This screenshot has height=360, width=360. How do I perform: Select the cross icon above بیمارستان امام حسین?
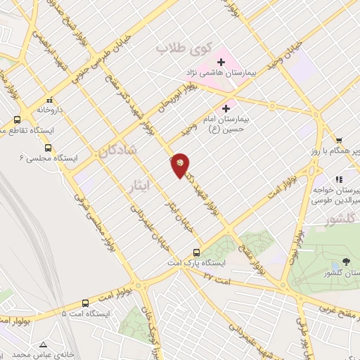click(x=226, y=108)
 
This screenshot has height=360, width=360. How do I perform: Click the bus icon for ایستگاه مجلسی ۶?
click(x=48, y=148)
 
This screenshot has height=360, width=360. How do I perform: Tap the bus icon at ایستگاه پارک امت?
click(x=196, y=252)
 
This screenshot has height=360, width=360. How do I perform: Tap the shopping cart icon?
click(x=339, y=141)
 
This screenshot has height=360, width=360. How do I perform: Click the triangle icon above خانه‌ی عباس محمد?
click(x=44, y=345)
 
